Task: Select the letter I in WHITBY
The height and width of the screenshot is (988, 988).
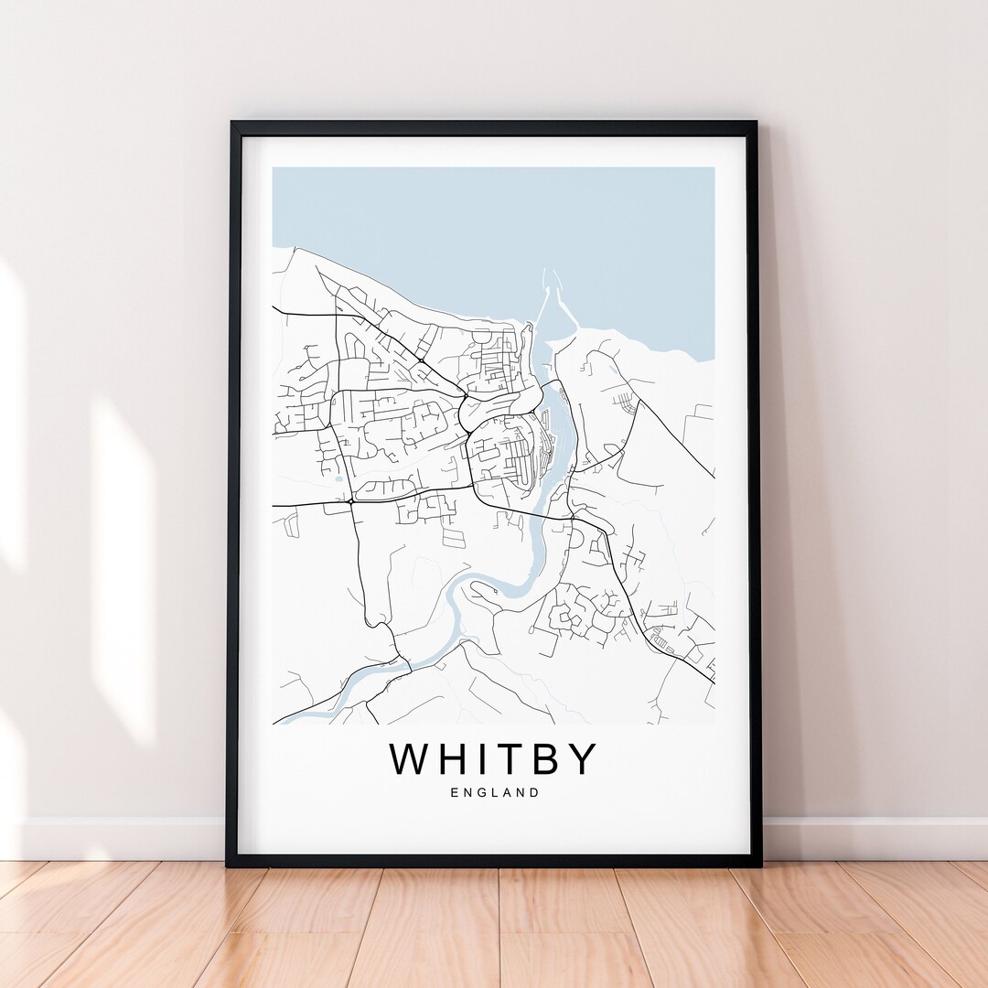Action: [x=492, y=759]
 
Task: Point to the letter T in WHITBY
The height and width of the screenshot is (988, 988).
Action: [x=520, y=759]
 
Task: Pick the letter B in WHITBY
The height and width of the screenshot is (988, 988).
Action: [x=553, y=759]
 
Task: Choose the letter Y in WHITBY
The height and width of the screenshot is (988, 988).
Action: [x=584, y=759]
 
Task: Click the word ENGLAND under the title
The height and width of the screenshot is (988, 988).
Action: [x=494, y=793]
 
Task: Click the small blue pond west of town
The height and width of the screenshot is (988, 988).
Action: [x=339, y=478]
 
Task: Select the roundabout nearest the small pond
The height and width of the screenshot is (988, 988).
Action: [x=351, y=501]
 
